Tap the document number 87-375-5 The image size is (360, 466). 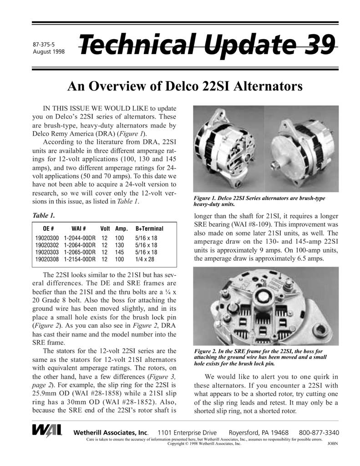[43, 45]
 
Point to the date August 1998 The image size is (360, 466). [49, 51]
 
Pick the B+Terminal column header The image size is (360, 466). [149, 228]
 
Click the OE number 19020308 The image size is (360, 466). [47, 259]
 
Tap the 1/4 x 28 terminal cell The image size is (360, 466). [145, 259]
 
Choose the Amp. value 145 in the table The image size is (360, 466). [119, 252]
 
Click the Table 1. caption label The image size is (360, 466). [44, 215]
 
